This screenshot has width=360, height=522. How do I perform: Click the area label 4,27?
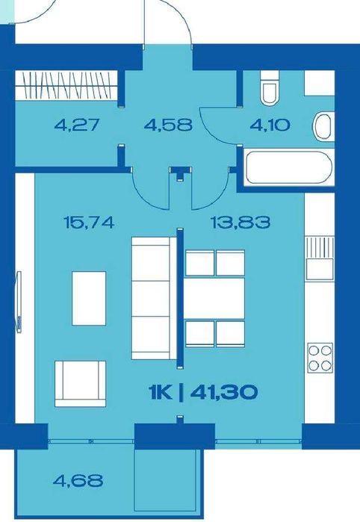click(x=77, y=125)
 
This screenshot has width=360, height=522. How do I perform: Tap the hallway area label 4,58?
click(x=168, y=125)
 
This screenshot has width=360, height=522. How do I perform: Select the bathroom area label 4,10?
click(x=270, y=125)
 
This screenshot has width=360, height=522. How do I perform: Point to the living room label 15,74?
click(x=89, y=222)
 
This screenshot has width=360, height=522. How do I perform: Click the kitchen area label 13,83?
click(x=240, y=222)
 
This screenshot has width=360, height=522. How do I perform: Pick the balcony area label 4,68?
click(x=78, y=481)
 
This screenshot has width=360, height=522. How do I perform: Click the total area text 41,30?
click(x=224, y=392)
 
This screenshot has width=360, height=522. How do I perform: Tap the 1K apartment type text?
click(x=161, y=392)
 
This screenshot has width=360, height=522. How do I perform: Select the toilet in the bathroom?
click(x=270, y=88)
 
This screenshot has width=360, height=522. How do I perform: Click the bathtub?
click(x=288, y=167)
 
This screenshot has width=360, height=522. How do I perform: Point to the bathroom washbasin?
click(x=323, y=126)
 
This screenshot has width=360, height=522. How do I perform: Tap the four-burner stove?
click(x=320, y=358)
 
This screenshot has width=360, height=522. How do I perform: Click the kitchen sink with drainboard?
click(x=320, y=258)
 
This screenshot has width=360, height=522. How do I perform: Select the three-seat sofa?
click(x=154, y=298)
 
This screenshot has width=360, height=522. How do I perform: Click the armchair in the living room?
click(x=80, y=384)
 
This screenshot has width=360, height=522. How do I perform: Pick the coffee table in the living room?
click(x=89, y=298)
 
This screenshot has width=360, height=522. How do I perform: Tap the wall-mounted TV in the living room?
click(x=19, y=302)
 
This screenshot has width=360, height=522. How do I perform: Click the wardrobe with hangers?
click(x=66, y=85)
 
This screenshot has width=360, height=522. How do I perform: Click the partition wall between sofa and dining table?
click(x=180, y=299)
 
